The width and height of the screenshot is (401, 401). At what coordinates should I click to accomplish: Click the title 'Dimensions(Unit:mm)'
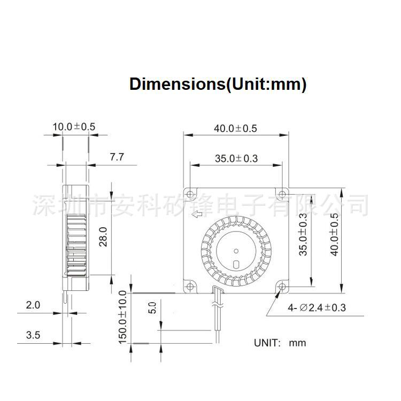(x=218, y=84)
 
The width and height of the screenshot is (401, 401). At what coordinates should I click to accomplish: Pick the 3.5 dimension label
(x=33, y=335)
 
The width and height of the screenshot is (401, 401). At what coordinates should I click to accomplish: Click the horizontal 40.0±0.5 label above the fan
(x=235, y=128)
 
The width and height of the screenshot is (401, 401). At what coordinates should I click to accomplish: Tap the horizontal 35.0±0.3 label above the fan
(x=236, y=158)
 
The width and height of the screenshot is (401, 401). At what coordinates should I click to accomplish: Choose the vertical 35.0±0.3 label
(x=303, y=235)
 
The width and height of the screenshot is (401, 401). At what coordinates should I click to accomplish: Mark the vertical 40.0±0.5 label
(x=334, y=235)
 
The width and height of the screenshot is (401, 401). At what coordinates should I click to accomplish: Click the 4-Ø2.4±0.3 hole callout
(x=317, y=307)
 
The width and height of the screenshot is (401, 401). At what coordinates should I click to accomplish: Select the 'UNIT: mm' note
(x=280, y=343)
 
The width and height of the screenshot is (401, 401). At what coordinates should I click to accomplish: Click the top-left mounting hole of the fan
(x=190, y=194)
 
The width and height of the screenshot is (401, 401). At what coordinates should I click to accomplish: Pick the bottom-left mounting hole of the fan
(x=190, y=286)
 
